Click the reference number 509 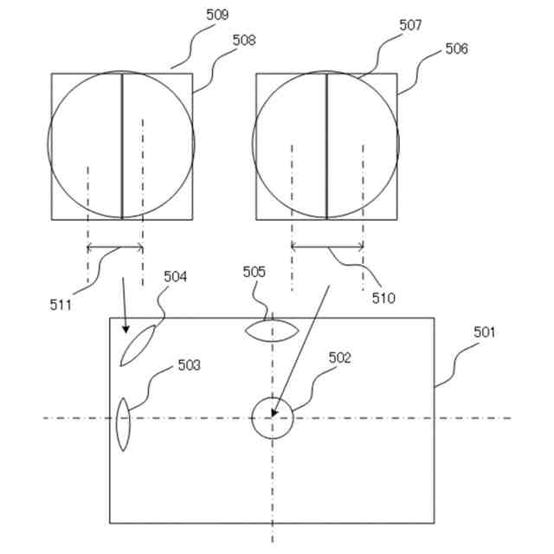tap(218, 15)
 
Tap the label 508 tap(244, 40)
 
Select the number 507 tap(410, 25)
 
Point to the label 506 tap(456, 48)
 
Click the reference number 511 tap(61, 304)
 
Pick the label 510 tap(383, 298)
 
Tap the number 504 tap(176, 276)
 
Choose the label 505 tap(254, 272)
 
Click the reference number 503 tap(189, 365)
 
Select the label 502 tap(340, 358)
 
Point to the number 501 tap(485, 332)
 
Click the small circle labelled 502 tap(272, 419)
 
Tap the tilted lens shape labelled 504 tap(138, 345)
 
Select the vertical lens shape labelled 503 tap(123, 424)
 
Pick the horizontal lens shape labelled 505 tap(272, 330)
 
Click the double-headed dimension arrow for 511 tap(115, 248)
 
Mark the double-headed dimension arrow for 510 tap(327, 248)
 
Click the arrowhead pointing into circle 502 tap(275, 412)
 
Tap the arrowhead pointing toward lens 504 tap(126, 329)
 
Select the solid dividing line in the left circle tap(122, 145)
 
